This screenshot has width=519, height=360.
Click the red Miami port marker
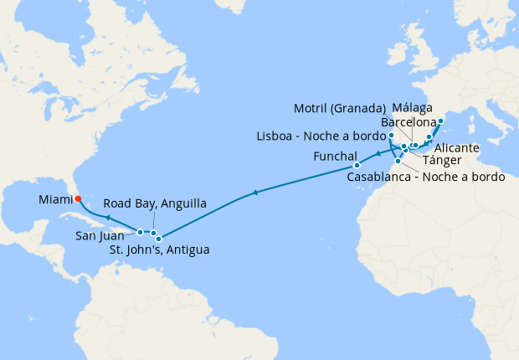coord(77,199)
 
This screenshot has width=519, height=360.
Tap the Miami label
coord(55,199)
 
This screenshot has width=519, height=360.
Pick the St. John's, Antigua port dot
coord(159,239)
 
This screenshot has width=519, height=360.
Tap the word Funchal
coord(335,157)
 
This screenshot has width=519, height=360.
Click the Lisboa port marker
coord(391,136)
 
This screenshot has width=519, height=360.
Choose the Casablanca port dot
coord(398,161)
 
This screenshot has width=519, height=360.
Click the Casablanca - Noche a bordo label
coord(426,177)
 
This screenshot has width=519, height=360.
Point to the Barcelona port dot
coord(440,121)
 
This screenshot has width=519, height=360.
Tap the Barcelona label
coord(409,122)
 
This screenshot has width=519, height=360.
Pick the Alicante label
coord(457,147)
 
